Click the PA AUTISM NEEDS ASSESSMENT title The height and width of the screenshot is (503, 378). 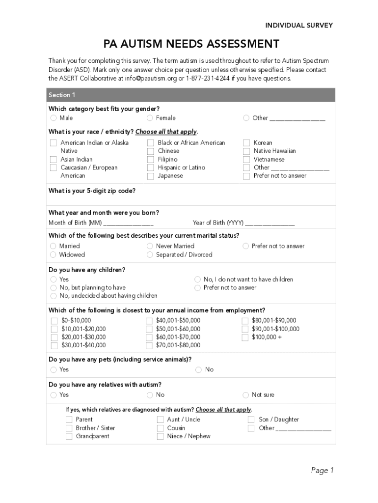[191, 44]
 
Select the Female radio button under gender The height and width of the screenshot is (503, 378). [150, 118]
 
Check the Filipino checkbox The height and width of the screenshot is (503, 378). [151, 159]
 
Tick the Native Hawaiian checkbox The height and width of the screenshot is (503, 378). [246, 151]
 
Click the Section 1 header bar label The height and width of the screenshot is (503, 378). [62, 95]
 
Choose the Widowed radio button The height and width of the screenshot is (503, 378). [53, 254]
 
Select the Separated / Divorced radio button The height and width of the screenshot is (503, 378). [150, 254]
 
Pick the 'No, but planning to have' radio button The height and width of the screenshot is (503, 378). [53, 287]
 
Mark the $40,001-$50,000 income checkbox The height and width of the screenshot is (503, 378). [149, 321]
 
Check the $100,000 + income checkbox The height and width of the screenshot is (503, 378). [245, 337]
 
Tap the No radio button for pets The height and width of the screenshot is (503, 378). [198, 369]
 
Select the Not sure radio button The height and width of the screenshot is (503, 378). [246, 395]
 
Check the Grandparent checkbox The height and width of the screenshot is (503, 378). [69, 436]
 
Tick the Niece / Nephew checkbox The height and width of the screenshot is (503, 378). [161, 436]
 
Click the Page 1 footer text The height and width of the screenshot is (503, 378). [322, 471]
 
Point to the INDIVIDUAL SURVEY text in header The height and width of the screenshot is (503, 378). [299, 26]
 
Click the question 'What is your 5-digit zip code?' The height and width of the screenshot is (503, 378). [92, 191]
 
